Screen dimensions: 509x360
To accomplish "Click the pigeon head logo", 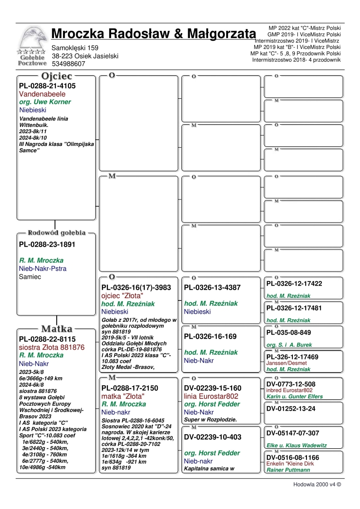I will click(31, 39).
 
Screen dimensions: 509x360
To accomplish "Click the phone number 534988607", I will click(68, 64).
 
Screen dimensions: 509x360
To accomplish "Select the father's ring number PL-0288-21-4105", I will click(47, 86).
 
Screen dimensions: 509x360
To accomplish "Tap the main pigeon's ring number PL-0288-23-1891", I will click(47, 244).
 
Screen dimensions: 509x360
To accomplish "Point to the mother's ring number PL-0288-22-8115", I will click(47, 339).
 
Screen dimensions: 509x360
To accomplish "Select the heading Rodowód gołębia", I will click(56, 233).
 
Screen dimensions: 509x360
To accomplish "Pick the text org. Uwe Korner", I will click(45, 102).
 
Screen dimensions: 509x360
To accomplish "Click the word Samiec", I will click(30, 276).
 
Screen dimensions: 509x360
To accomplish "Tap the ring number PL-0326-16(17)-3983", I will click(136, 287).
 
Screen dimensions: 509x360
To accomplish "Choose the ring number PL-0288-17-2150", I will click(130, 388).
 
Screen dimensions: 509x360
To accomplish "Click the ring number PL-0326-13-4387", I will click(212, 287).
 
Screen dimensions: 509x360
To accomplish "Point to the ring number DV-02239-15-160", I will click(213, 388).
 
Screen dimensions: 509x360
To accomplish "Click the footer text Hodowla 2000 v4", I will click(316, 484).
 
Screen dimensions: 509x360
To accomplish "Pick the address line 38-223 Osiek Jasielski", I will click(85, 56).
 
